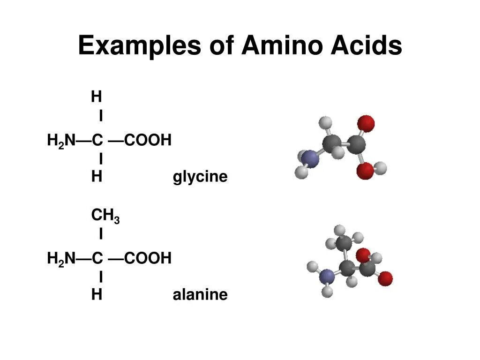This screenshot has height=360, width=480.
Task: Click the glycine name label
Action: point(200,177)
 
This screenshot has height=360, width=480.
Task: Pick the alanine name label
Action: point(200,295)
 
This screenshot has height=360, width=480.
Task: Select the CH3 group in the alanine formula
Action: point(105,216)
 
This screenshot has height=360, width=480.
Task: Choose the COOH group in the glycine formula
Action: point(148,140)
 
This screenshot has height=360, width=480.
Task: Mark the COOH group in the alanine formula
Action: point(148,258)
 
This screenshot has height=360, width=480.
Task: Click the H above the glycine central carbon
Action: point(97,97)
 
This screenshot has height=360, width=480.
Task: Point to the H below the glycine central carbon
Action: point(97,177)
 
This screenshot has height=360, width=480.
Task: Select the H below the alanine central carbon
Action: point(97,295)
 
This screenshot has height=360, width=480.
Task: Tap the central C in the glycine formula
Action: point(97,140)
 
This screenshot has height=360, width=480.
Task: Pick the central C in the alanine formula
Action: point(97,258)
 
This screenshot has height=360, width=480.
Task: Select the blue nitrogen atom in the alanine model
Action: point(327,277)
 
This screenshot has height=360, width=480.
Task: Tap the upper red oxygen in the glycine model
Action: point(366,123)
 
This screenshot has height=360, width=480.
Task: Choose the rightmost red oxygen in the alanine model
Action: point(385,278)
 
